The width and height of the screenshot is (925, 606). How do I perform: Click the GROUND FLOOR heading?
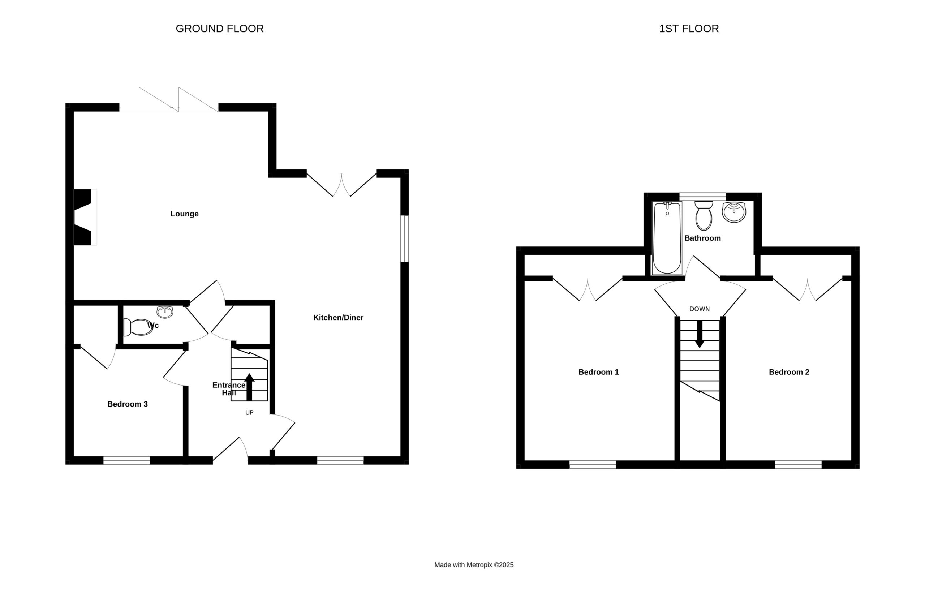pyautogui.click(x=220, y=29)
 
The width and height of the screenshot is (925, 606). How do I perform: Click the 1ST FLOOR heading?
pyautogui.click(x=689, y=29)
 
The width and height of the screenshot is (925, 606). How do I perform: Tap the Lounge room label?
pyautogui.click(x=185, y=214)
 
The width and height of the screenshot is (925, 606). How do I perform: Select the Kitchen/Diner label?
pyautogui.click(x=338, y=318)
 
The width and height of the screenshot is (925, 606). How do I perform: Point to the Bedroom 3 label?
pyautogui.click(x=128, y=404)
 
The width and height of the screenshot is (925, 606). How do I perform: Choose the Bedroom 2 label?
pyautogui.click(x=789, y=372)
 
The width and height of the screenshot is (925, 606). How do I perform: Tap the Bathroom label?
pyautogui.click(x=702, y=238)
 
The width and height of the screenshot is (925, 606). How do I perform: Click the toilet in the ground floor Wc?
pyautogui.click(x=138, y=327)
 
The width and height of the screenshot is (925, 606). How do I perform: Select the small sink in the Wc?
pyautogui.click(x=165, y=312)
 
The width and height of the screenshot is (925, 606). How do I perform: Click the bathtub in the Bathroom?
pyautogui.click(x=667, y=238)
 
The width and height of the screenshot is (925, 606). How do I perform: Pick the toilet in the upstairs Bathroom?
pyautogui.click(x=704, y=216)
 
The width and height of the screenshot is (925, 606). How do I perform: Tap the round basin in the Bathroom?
pyautogui.click(x=734, y=212)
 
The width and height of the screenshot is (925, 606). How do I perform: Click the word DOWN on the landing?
pyautogui.click(x=700, y=309)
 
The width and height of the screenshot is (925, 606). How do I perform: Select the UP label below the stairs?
pyautogui.click(x=250, y=412)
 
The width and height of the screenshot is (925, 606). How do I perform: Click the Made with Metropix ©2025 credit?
pyautogui.click(x=474, y=565)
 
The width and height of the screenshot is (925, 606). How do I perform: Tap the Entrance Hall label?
pyautogui.click(x=229, y=389)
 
